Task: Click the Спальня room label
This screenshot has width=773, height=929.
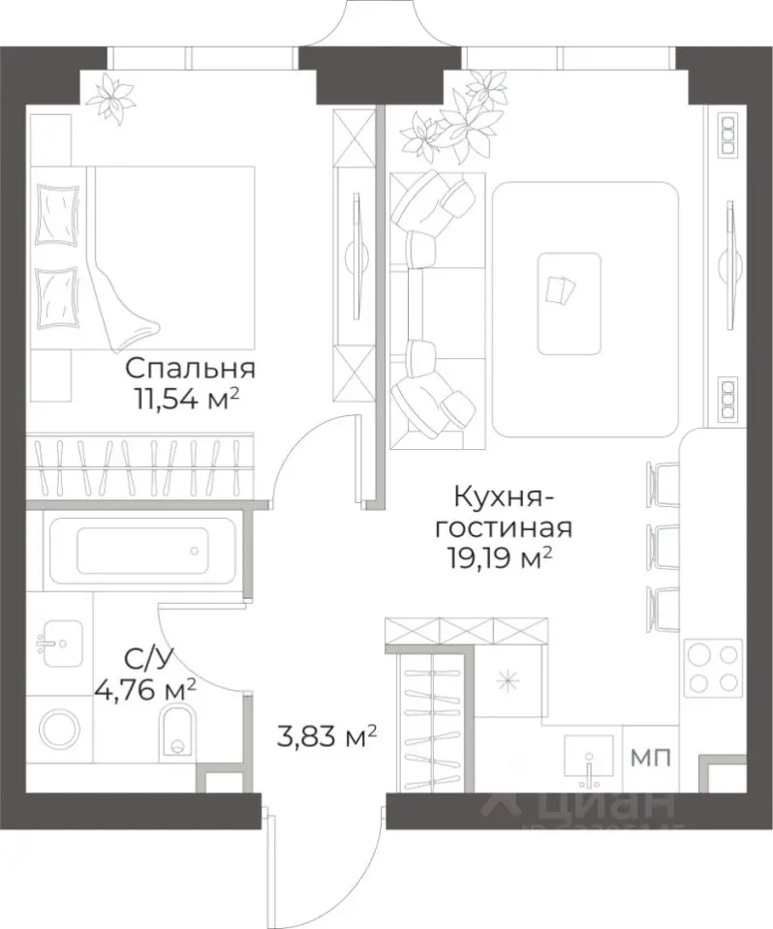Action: click(x=190, y=369)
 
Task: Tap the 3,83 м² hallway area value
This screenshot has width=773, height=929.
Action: click(x=325, y=738)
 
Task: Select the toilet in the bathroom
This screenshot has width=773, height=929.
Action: click(x=177, y=730)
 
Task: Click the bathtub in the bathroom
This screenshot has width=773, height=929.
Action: click(x=142, y=552)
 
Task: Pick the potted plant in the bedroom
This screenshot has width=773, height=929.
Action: click(x=112, y=98)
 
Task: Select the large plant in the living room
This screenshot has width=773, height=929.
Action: click(x=446, y=126)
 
